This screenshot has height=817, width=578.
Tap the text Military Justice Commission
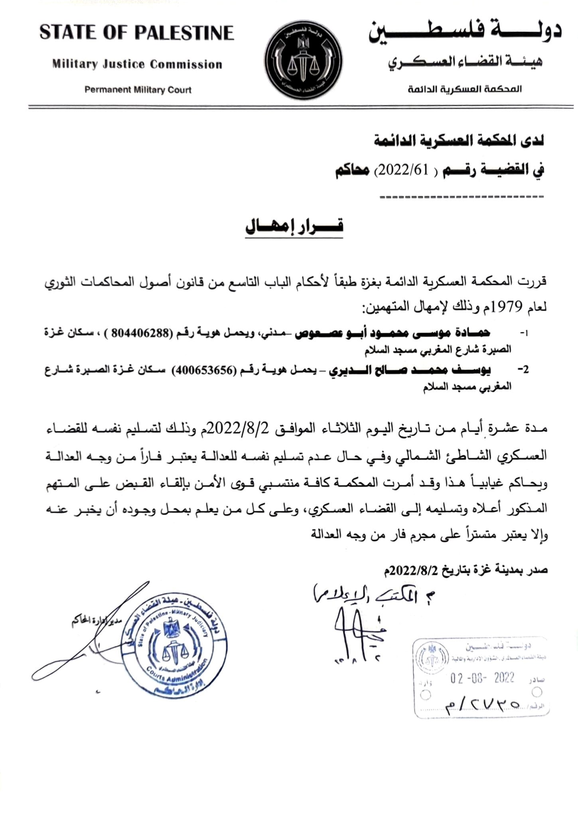click(x=137, y=64)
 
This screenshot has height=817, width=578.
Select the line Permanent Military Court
click(x=138, y=90)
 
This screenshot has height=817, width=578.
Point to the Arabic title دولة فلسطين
click(x=464, y=32)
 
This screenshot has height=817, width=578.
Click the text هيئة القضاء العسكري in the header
click(x=466, y=63)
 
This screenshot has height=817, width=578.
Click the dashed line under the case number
click(x=462, y=197)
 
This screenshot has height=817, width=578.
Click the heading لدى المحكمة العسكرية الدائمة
click(x=459, y=141)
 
